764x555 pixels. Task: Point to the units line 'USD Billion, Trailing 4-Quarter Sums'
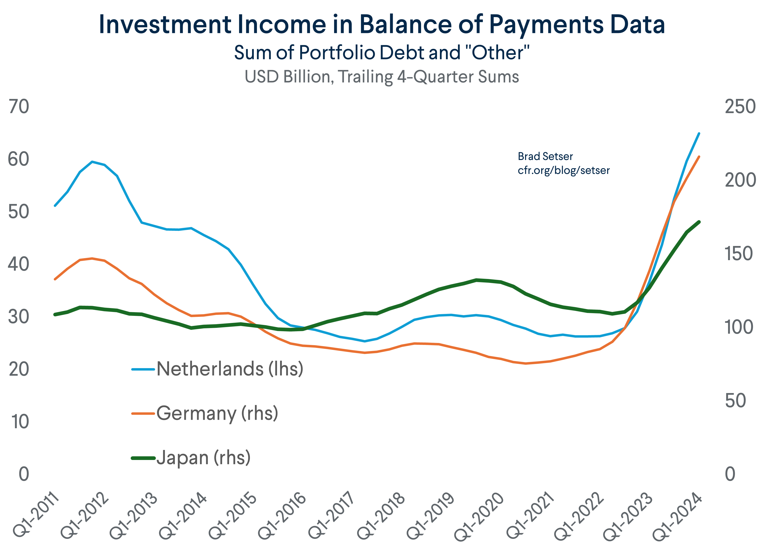[382, 77]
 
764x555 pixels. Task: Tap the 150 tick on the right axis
[739, 254]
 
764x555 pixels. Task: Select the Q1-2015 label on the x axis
[233, 516]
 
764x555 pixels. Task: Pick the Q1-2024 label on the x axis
[677, 516]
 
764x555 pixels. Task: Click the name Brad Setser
[545, 156]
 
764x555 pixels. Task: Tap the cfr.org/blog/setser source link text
[563, 171]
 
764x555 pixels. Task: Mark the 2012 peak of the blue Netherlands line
[92, 162]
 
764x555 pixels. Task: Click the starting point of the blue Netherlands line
[55, 205]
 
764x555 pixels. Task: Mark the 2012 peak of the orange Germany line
[92, 258]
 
